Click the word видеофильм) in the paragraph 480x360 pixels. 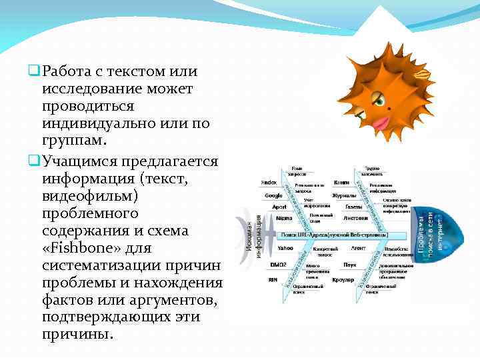(x=88, y=197)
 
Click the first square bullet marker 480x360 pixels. (x=33, y=71)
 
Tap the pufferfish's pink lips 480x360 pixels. (x=383, y=123)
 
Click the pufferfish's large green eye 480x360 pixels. (x=378, y=99)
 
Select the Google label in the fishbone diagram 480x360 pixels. (x=273, y=195)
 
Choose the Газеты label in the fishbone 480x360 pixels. (x=353, y=207)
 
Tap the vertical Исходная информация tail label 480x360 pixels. (x=248, y=238)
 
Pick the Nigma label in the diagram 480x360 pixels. (x=283, y=218)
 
